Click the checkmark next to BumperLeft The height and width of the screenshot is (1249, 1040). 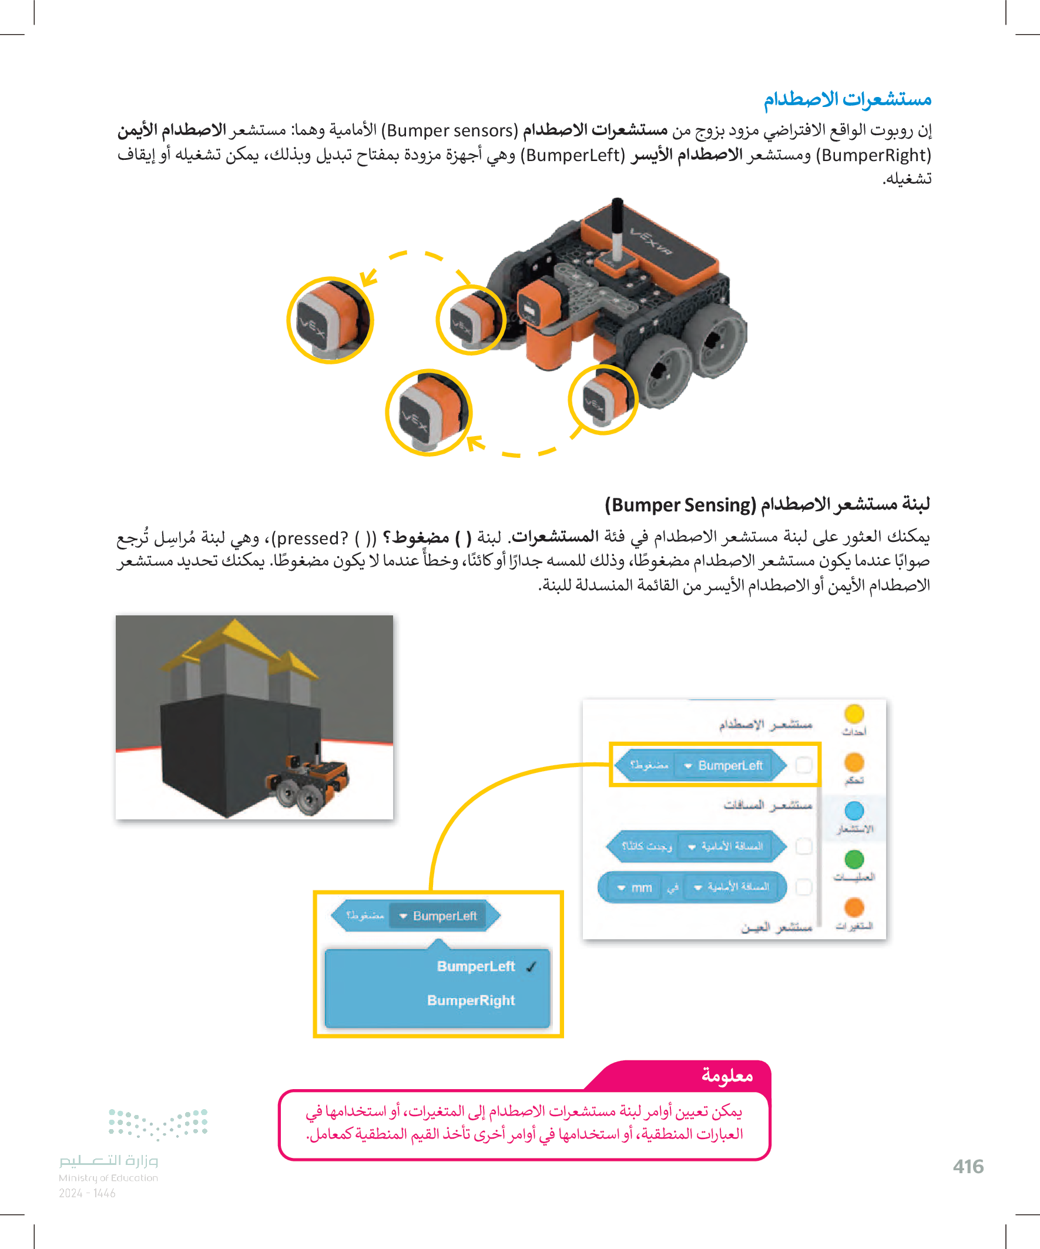coord(531,967)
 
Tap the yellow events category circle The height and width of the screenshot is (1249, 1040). coord(854,714)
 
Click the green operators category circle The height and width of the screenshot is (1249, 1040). coord(854,859)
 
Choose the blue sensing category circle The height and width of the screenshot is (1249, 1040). coord(854,810)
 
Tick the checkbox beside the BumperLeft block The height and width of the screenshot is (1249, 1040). coord(803,765)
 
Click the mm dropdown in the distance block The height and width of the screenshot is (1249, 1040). coord(635,888)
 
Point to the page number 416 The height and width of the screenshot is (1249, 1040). coord(968,1166)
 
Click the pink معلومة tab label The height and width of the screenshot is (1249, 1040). coord(727,1076)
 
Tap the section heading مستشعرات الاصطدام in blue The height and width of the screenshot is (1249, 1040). coord(847,99)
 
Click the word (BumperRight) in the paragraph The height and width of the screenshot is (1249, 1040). coord(874,155)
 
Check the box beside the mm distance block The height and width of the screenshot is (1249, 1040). coord(803,888)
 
